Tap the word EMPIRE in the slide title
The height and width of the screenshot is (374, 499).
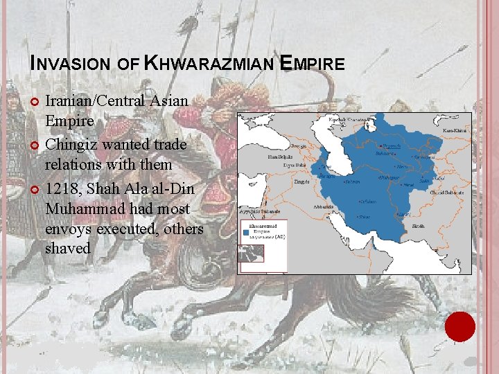pyautogui.click(x=313, y=64)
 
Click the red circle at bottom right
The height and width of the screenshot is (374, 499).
pyautogui.click(x=460, y=326)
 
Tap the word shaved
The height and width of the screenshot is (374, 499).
pyautogui.click(x=68, y=247)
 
